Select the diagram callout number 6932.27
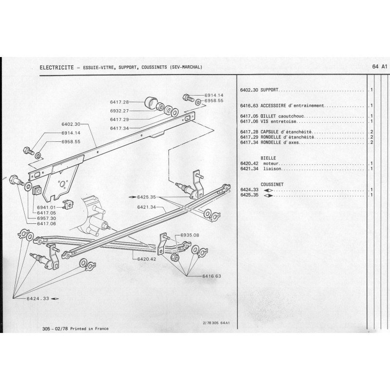(119, 111)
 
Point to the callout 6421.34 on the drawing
(146, 207)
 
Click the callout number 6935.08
(190, 235)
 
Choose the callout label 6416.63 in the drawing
(212, 276)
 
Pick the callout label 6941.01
(47, 208)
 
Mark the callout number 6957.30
(47, 218)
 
